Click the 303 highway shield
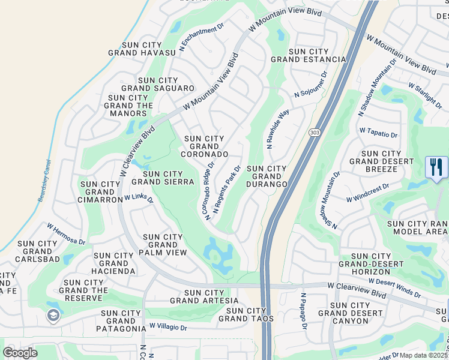pyautogui.click(x=314, y=133)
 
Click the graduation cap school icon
pyautogui.click(x=53, y=316)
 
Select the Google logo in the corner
pyautogui.click(x=20, y=353)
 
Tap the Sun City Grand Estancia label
pyautogui.click(x=309, y=56)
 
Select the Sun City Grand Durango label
pyautogui.click(x=267, y=176)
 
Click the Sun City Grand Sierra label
pyautogui.click(x=163, y=178)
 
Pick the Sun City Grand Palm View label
pyautogui.click(x=163, y=245)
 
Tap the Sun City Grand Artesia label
pyautogui.click(x=200, y=296)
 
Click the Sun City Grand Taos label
pyautogui.click(x=247, y=314)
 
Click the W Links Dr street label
pyautogui.click(x=139, y=198)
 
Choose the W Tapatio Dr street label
pyautogui.click(x=379, y=132)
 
